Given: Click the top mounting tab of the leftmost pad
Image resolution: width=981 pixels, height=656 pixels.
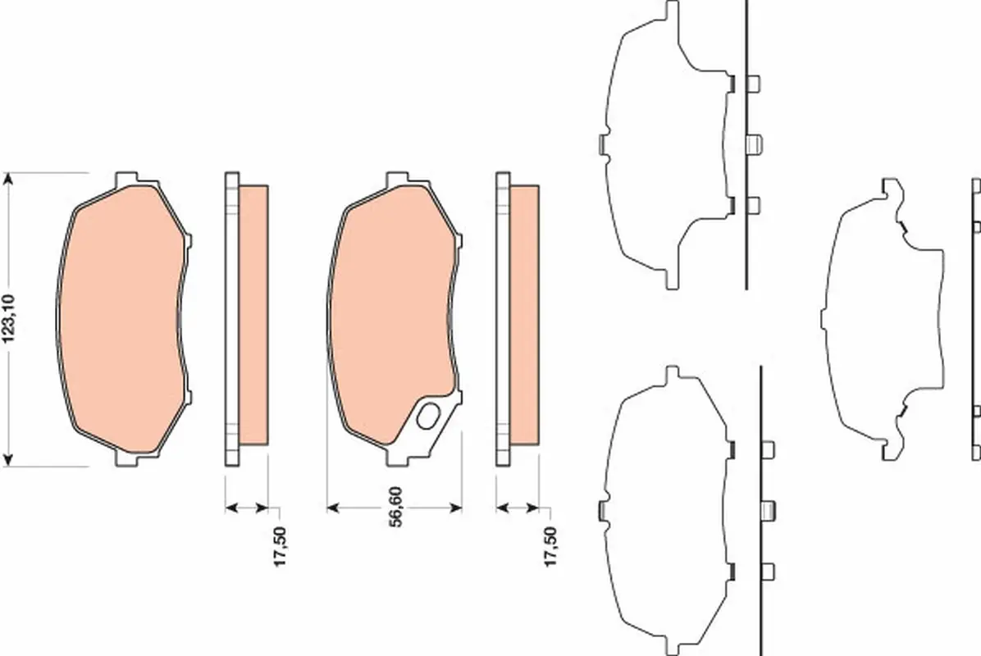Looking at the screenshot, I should (126, 178).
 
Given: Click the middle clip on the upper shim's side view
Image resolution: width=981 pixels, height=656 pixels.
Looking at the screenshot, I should (755, 144).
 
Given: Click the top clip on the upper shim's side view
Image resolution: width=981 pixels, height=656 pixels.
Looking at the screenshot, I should (755, 83).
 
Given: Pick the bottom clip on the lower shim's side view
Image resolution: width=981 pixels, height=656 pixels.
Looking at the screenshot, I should (769, 571).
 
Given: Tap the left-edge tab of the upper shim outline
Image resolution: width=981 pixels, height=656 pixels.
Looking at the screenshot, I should (602, 144).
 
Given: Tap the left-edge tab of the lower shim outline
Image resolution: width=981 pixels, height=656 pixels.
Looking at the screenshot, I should (602, 511).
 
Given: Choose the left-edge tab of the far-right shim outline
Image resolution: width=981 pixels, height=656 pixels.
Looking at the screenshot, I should (824, 320).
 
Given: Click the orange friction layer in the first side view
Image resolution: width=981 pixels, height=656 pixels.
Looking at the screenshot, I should (253, 316).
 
